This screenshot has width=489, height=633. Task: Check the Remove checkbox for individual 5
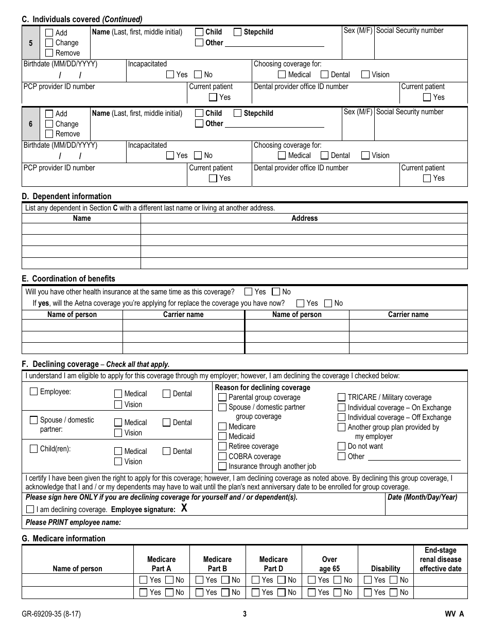[49, 52]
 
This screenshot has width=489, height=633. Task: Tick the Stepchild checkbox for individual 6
[238, 113]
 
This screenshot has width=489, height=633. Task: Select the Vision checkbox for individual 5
[365, 75]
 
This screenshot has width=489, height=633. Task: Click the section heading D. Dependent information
[66, 196]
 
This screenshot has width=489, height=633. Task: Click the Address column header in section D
[304, 218]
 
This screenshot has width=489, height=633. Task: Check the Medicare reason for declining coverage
[222, 427]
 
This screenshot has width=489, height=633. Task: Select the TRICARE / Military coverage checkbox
[342, 397]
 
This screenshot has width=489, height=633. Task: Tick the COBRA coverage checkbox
[222, 456]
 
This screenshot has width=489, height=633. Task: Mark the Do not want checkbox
[342, 446]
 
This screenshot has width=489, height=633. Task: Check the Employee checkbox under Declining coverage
[34, 392]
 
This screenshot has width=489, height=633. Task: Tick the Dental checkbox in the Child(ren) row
[167, 451]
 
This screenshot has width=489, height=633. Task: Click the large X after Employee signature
[184, 508]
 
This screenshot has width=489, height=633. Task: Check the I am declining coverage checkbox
[30, 509]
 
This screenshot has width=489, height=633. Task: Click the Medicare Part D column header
[273, 564]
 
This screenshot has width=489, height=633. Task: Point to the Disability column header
[386, 569]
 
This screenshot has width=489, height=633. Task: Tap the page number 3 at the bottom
[244, 613]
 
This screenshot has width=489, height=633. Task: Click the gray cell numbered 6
[30, 124]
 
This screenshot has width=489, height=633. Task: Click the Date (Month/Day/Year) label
[422, 497]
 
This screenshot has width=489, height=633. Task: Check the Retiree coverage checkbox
[222, 446]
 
